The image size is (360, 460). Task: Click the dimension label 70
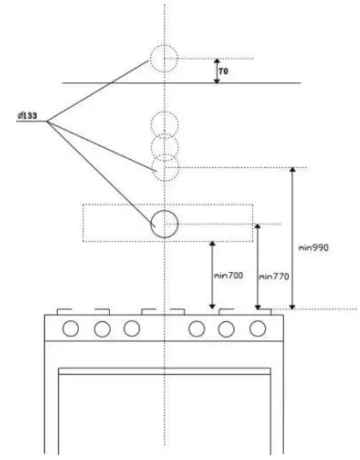pyautogui.click(x=224, y=69)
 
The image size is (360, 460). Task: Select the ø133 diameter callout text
pyautogui.click(x=26, y=117)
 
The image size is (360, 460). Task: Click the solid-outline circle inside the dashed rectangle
pyautogui.click(x=164, y=224)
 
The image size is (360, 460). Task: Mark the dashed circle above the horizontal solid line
pyautogui.click(x=164, y=59)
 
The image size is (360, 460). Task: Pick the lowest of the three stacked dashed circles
pyautogui.click(x=165, y=168)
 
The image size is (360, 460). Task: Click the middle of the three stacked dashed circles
pyautogui.click(x=165, y=145)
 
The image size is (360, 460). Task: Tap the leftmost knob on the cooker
pyautogui.click(x=71, y=327)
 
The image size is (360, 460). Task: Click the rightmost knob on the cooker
pyautogui.click(x=257, y=327)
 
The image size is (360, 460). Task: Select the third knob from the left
pyautogui.click(x=132, y=327)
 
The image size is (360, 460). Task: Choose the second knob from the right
pyautogui.click(x=226, y=327)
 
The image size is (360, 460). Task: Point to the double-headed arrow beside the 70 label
pyautogui.click(x=216, y=71)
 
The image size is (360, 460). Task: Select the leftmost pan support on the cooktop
pyautogui.click(x=65, y=310)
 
